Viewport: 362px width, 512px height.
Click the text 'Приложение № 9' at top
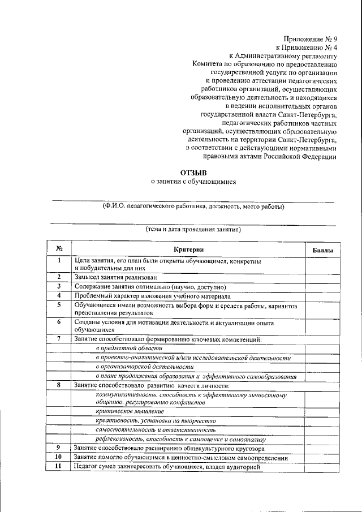311,39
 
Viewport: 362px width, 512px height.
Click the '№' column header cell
59,249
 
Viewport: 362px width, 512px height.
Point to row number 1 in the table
59,261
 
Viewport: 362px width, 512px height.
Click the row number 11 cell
58,467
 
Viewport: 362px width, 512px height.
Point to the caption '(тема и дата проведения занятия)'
193,230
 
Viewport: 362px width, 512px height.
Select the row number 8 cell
58,385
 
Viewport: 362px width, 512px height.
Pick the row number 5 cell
58,305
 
